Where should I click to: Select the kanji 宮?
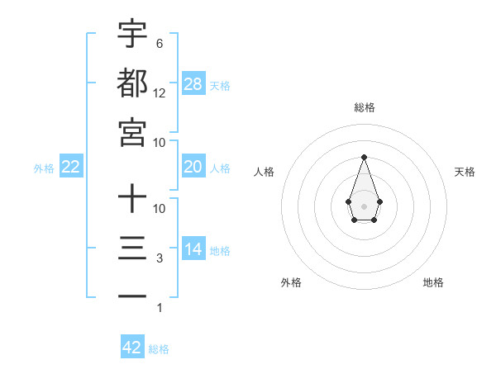(x=132, y=132)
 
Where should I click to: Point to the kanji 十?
(x=132, y=198)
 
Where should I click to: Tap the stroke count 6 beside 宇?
(x=159, y=43)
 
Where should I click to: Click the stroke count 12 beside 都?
(x=160, y=93)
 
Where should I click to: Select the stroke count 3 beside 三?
(x=159, y=258)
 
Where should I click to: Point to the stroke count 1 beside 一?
(x=159, y=308)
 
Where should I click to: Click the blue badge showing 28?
(x=193, y=83)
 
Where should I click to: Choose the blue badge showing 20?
(x=193, y=167)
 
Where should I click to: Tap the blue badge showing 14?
(x=193, y=249)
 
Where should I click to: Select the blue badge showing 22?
(x=71, y=167)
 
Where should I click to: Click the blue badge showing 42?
(x=132, y=348)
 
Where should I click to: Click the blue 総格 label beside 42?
(x=159, y=349)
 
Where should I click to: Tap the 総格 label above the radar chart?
(x=364, y=107)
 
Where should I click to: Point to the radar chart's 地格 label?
(x=433, y=282)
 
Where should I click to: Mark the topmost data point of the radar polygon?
(x=364, y=157)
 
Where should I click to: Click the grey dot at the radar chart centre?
(x=364, y=206)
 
